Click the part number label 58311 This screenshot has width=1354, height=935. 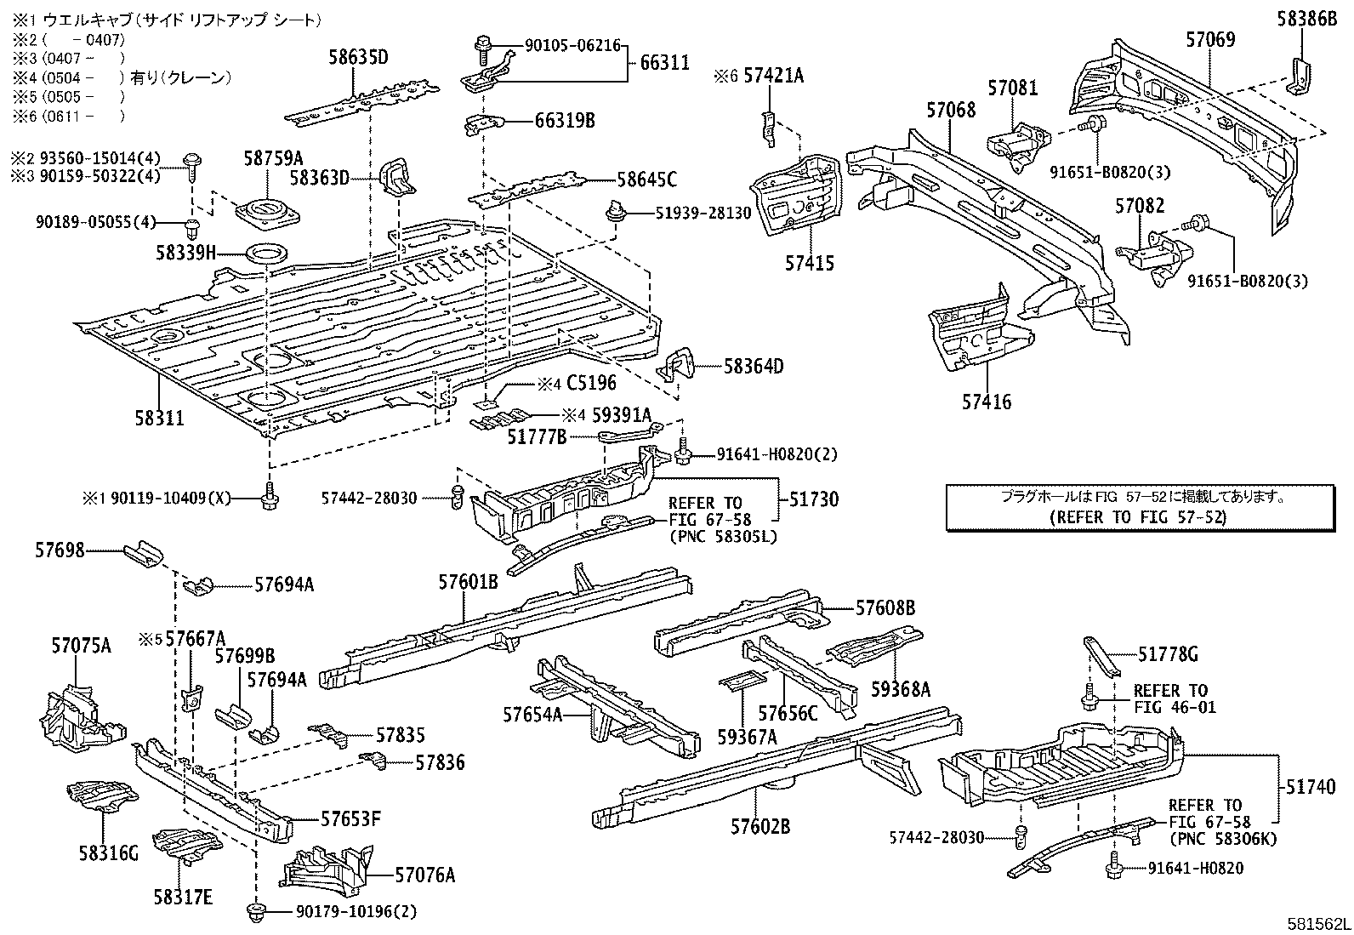(x=159, y=418)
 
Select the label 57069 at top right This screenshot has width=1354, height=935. (x=1210, y=39)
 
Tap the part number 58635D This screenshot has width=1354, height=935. (x=358, y=58)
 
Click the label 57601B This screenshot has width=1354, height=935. (x=468, y=583)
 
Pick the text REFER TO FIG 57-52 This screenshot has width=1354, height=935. (x=1138, y=516)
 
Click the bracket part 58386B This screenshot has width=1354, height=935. (x=1300, y=75)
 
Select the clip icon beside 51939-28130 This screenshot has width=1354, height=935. (x=613, y=213)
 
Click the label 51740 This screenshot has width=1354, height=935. (x=1308, y=788)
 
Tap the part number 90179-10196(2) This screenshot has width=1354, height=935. (x=356, y=912)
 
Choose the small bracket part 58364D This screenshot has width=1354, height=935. (x=679, y=368)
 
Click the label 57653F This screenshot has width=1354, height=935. (x=350, y=820)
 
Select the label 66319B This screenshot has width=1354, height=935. (x=564, y=121)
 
